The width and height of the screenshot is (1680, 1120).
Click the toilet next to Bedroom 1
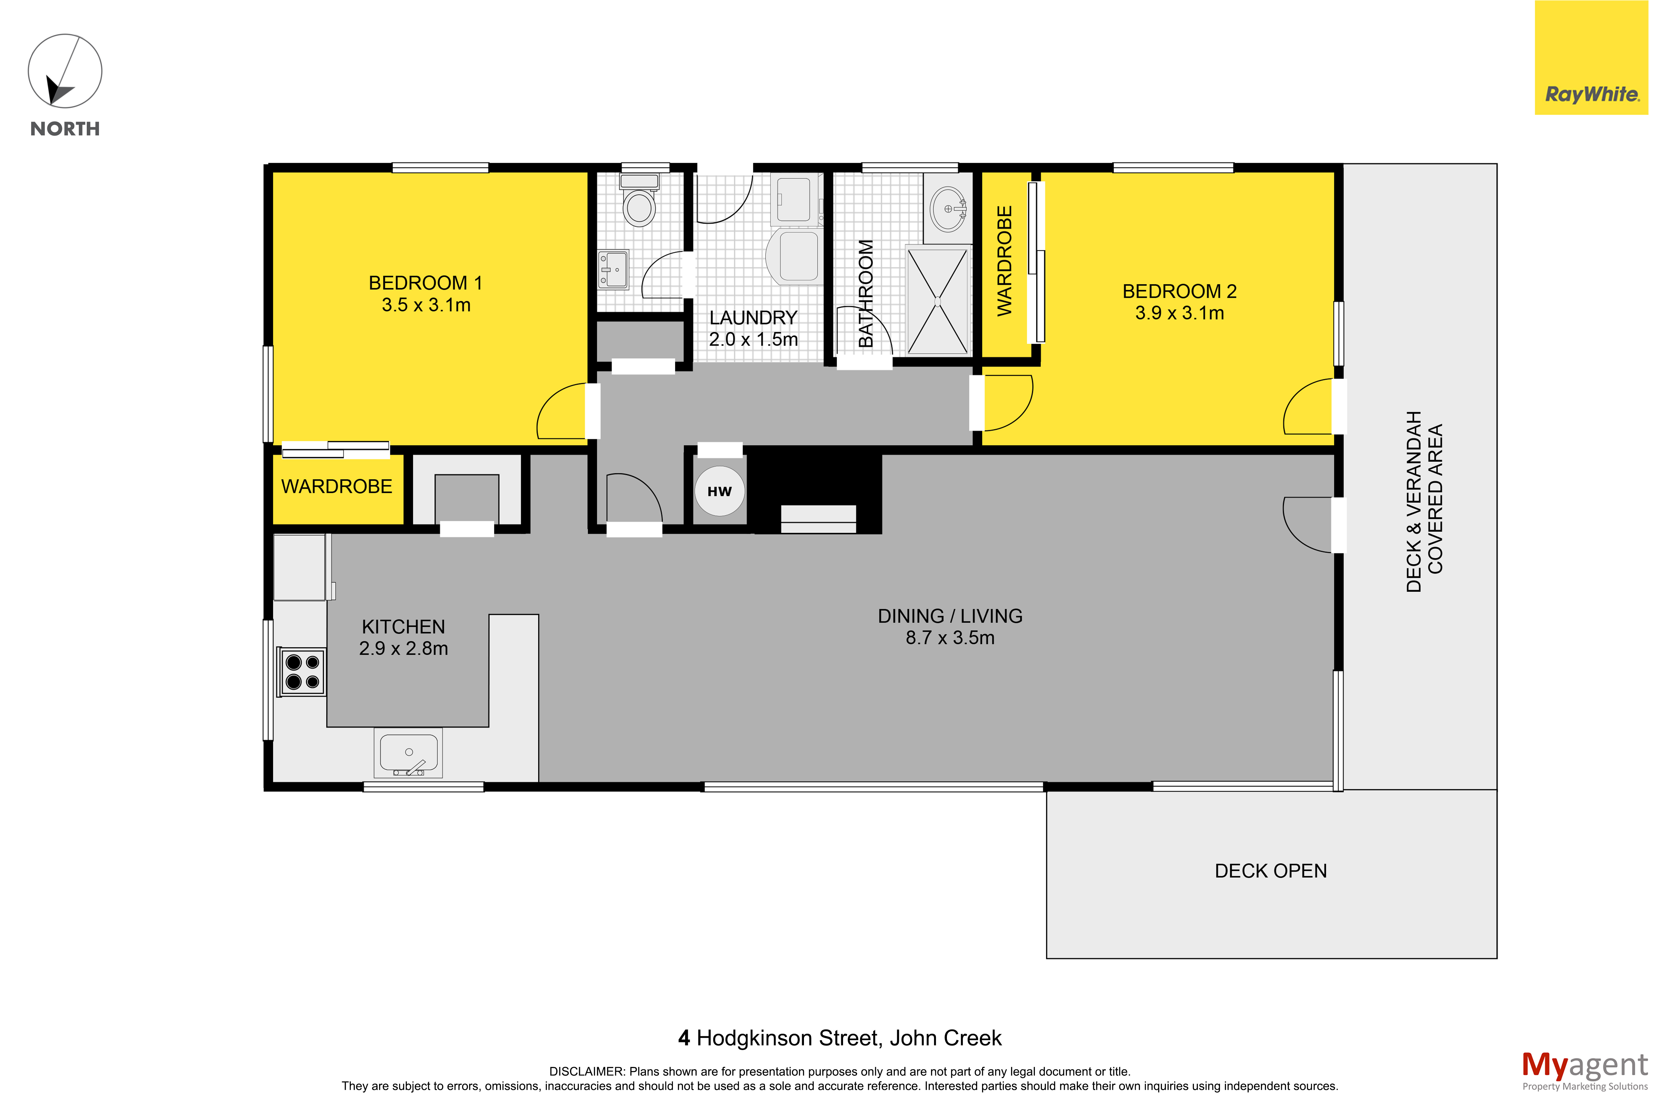coord(639,200)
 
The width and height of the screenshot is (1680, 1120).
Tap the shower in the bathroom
coord(937,301)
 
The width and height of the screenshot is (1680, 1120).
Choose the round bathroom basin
coord(948,209)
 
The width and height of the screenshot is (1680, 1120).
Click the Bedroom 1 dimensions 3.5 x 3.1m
coord(426,305)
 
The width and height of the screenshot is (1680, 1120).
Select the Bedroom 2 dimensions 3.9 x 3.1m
coord(1179,313)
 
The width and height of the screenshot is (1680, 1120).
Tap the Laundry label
coord(753,317)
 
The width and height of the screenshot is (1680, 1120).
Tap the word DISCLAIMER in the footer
coord(587,1071)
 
